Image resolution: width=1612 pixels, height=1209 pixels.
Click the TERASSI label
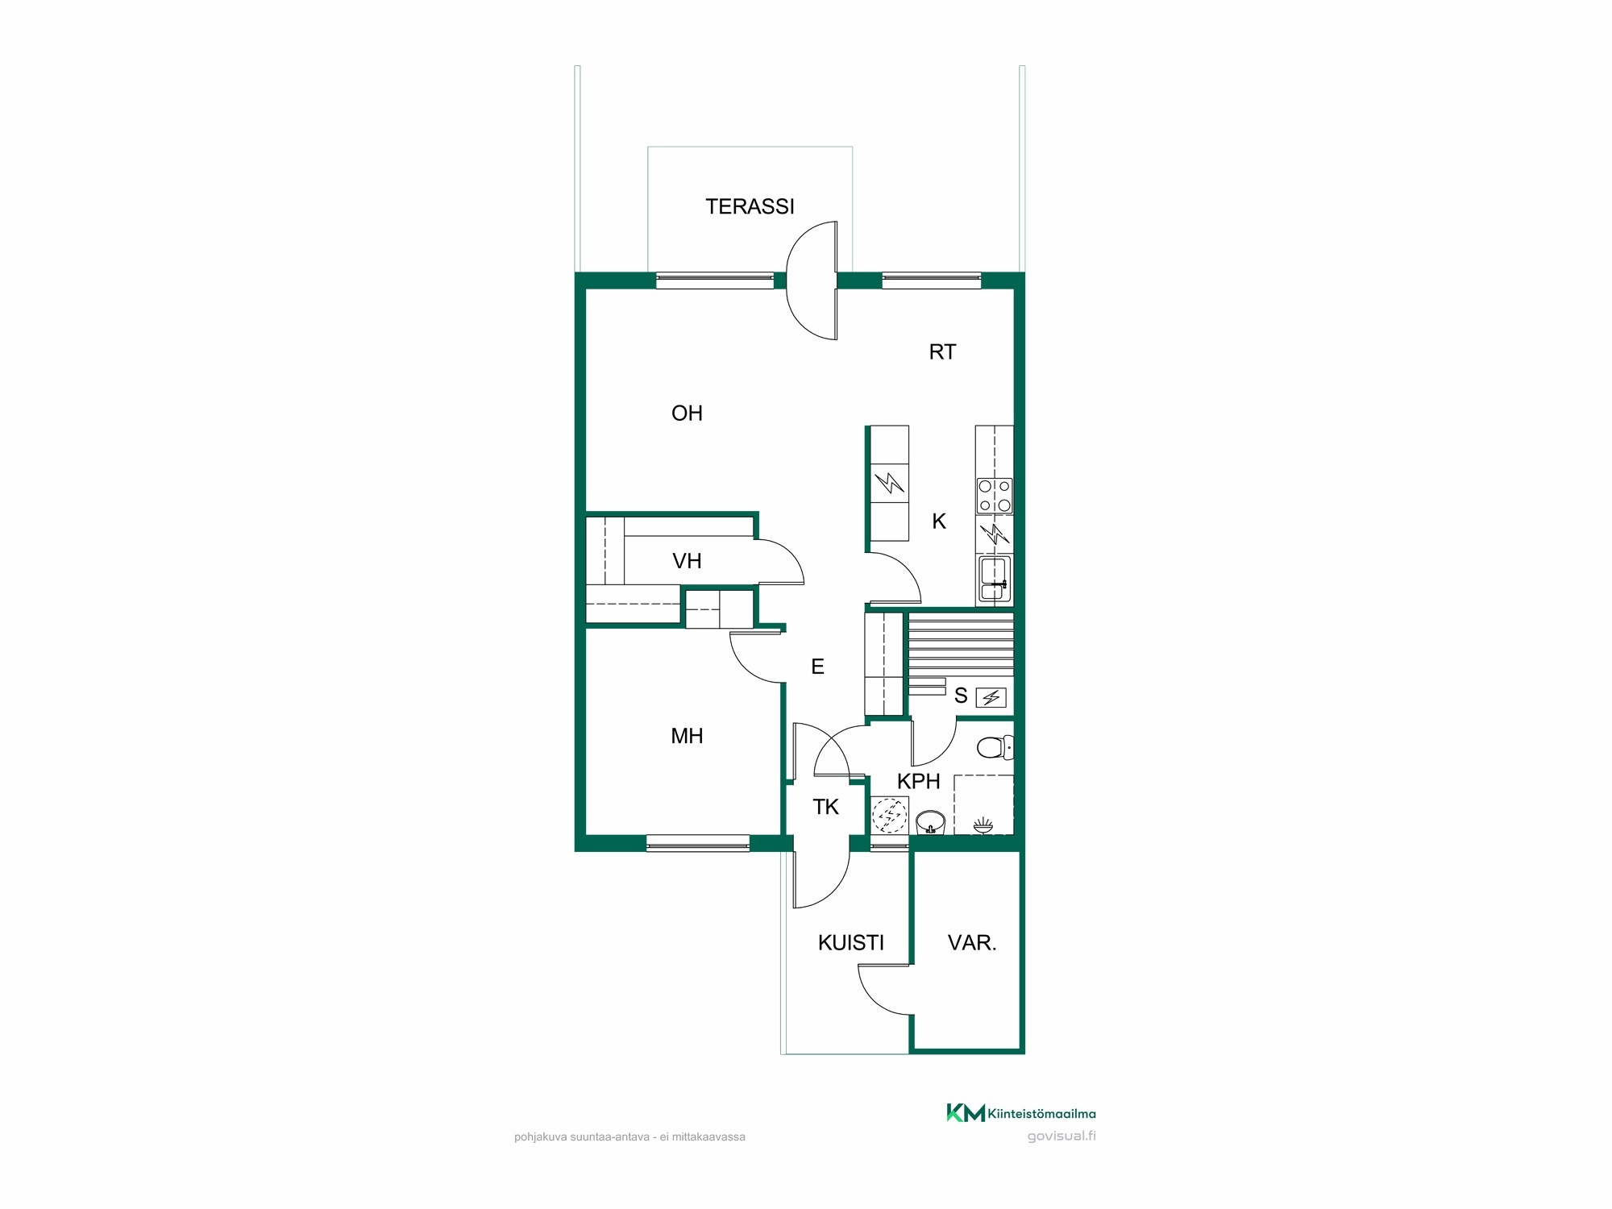(750, 207)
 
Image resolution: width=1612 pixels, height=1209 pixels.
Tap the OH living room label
(687, 413)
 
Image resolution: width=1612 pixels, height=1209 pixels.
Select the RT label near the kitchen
(942, 352)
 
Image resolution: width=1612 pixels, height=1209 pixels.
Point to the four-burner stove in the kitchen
(994, 496)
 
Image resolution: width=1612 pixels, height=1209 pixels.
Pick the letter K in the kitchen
(939, 521)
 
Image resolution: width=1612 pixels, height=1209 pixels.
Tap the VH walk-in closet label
(687, 561)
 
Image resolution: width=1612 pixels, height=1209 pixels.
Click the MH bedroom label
(687, 736)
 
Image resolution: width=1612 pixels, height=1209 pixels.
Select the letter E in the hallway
(817, 667)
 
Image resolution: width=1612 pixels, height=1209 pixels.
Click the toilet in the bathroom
(995, 748)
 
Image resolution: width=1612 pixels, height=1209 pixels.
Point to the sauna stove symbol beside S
(991, 697)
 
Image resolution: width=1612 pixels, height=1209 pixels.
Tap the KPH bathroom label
(918, 781)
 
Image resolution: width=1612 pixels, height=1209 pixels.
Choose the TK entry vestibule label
(825, 807)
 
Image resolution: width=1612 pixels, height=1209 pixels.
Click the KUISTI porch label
(850, 943)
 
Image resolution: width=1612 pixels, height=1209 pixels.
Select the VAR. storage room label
(972, 943)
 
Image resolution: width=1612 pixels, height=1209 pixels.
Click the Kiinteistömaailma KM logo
(1020, 1113)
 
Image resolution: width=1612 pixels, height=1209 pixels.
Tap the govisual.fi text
(1062, 1136)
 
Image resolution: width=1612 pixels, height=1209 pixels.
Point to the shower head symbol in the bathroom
(983, 825)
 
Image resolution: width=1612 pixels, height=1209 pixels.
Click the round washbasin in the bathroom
(930, 822)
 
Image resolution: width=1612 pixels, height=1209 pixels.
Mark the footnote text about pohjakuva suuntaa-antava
(629, 1137)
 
